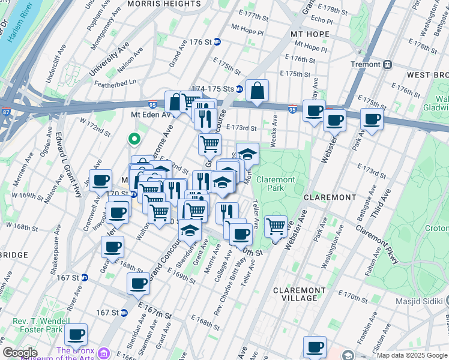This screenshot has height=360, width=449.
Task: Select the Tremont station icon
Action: (388, 64)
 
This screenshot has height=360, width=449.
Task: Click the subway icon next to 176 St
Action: (217, 42)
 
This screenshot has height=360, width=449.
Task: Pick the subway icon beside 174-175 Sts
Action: (239, 89)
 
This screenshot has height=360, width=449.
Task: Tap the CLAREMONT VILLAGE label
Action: (295, 294)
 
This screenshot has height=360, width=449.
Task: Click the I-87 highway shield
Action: (5, 112)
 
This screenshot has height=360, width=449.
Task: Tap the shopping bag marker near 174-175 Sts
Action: (257, 92)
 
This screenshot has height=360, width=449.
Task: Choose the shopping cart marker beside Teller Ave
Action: (276, 226)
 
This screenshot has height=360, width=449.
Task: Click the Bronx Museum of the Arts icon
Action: (106, 351)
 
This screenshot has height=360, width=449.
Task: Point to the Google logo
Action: (20, 353)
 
